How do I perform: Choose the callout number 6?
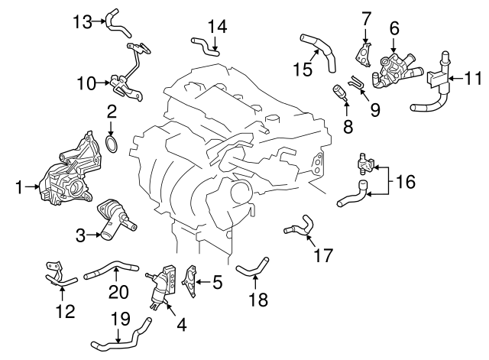(x=394, y=28)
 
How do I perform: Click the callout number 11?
(x=474, y=77)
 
